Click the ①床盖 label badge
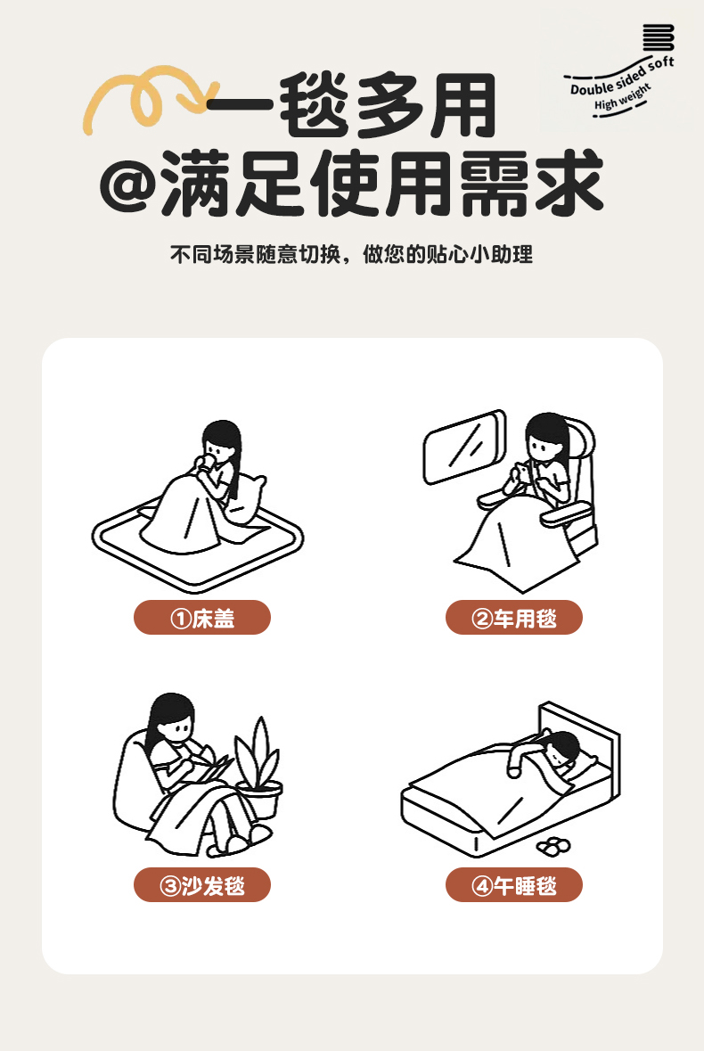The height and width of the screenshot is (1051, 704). tap(202, 618)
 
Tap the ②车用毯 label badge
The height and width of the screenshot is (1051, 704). tap(514, 618)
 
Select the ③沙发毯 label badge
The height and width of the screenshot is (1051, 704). tap(202, 885)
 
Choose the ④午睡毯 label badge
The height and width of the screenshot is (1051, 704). tap(514, 885)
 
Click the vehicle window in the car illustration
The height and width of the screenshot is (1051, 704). tap(464, 447)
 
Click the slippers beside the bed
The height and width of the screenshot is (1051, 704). tap(554, 847)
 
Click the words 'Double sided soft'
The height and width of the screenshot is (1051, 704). tap(622, 76)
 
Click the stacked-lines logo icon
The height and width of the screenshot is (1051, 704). tap(658, 37)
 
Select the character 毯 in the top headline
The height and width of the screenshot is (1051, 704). tap(315, 106)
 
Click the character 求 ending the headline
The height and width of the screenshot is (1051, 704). tap(569, 184)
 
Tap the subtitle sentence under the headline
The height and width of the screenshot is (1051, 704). tap(352, 255)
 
